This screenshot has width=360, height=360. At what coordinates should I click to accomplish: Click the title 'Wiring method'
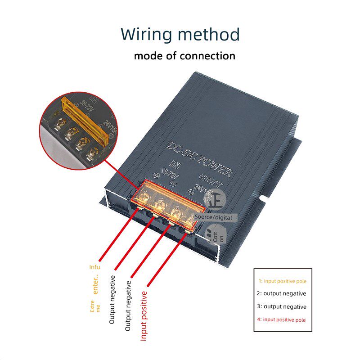tap(180, 35)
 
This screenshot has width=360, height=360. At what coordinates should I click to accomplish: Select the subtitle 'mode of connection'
tap(184, 56)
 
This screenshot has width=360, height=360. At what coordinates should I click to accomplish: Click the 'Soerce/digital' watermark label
tap(213, 217)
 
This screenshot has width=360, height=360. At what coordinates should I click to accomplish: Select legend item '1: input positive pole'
tap(283, 281)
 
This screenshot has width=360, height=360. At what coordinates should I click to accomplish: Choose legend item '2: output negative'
tap(281, 293)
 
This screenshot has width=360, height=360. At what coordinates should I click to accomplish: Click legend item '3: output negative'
tap(281, 306)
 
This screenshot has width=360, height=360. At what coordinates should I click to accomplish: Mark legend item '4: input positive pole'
tap(281, 319)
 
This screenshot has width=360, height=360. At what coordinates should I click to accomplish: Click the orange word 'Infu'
tap(94, 267)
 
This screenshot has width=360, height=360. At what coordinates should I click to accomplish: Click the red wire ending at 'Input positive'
tap(166, 259)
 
